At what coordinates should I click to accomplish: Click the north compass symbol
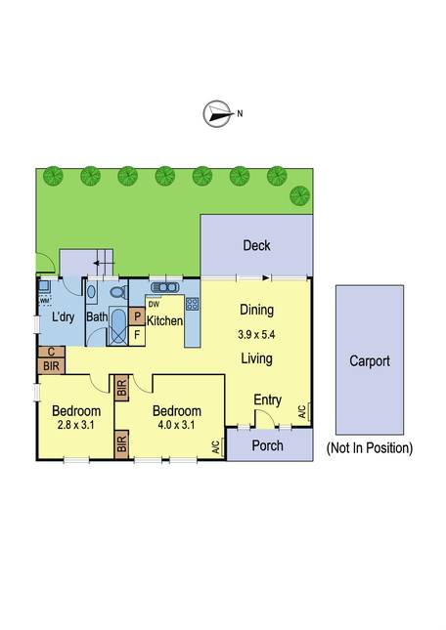(218, 113)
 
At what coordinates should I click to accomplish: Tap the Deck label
(256, 245)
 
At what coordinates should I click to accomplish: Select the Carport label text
(370, 360)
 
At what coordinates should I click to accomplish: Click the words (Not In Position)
(370, 447)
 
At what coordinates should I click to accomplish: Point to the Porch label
(267, 445)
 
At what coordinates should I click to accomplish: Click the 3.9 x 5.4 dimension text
(256, 334)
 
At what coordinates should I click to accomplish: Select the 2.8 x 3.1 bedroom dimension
(76, 425)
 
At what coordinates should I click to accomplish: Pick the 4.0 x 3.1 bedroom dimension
(177, 425)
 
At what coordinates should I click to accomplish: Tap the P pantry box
(137, 316)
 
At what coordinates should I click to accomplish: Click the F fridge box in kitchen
(137, 335)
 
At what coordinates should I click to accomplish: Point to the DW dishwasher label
(154, 305)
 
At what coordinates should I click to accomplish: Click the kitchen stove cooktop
(193, 304)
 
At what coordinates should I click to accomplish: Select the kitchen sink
(164, 287)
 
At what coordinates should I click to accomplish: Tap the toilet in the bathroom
(118, 292)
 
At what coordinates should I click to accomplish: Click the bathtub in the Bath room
(117, 326)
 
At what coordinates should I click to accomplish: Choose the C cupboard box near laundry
(52, 352)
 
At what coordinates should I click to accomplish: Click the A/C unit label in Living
(303, 411)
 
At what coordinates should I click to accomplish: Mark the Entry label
(267, 400)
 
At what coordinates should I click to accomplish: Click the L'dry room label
(64, 316)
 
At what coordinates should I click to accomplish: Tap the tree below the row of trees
(300, 196)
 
